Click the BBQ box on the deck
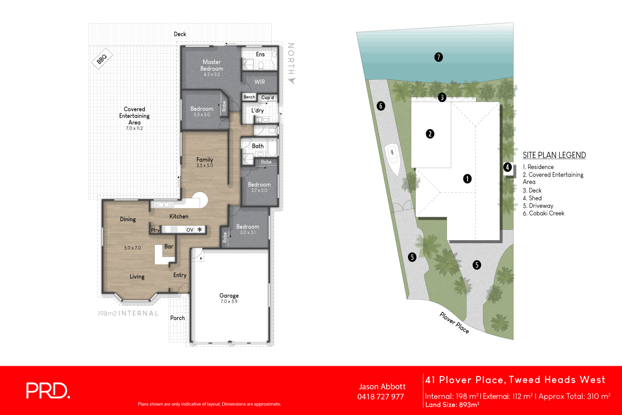(102, 59)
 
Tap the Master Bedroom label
(211, 65)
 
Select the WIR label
(260, 82)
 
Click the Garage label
(229, 296)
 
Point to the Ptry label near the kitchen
(155, 230)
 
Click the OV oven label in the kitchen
(190, 230)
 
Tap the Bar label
(169, 246)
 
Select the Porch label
(178, 318)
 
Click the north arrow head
(292, 81)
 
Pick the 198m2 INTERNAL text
(128, 313)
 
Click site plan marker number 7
(439, 57)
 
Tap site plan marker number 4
(507, 167)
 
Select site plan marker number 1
(467, 179)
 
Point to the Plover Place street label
(454, 323)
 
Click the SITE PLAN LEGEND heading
(554, 155)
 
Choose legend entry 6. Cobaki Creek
(543, 213)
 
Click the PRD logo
(48, 391)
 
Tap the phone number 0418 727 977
(381, 397)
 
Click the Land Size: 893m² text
(452, 405)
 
